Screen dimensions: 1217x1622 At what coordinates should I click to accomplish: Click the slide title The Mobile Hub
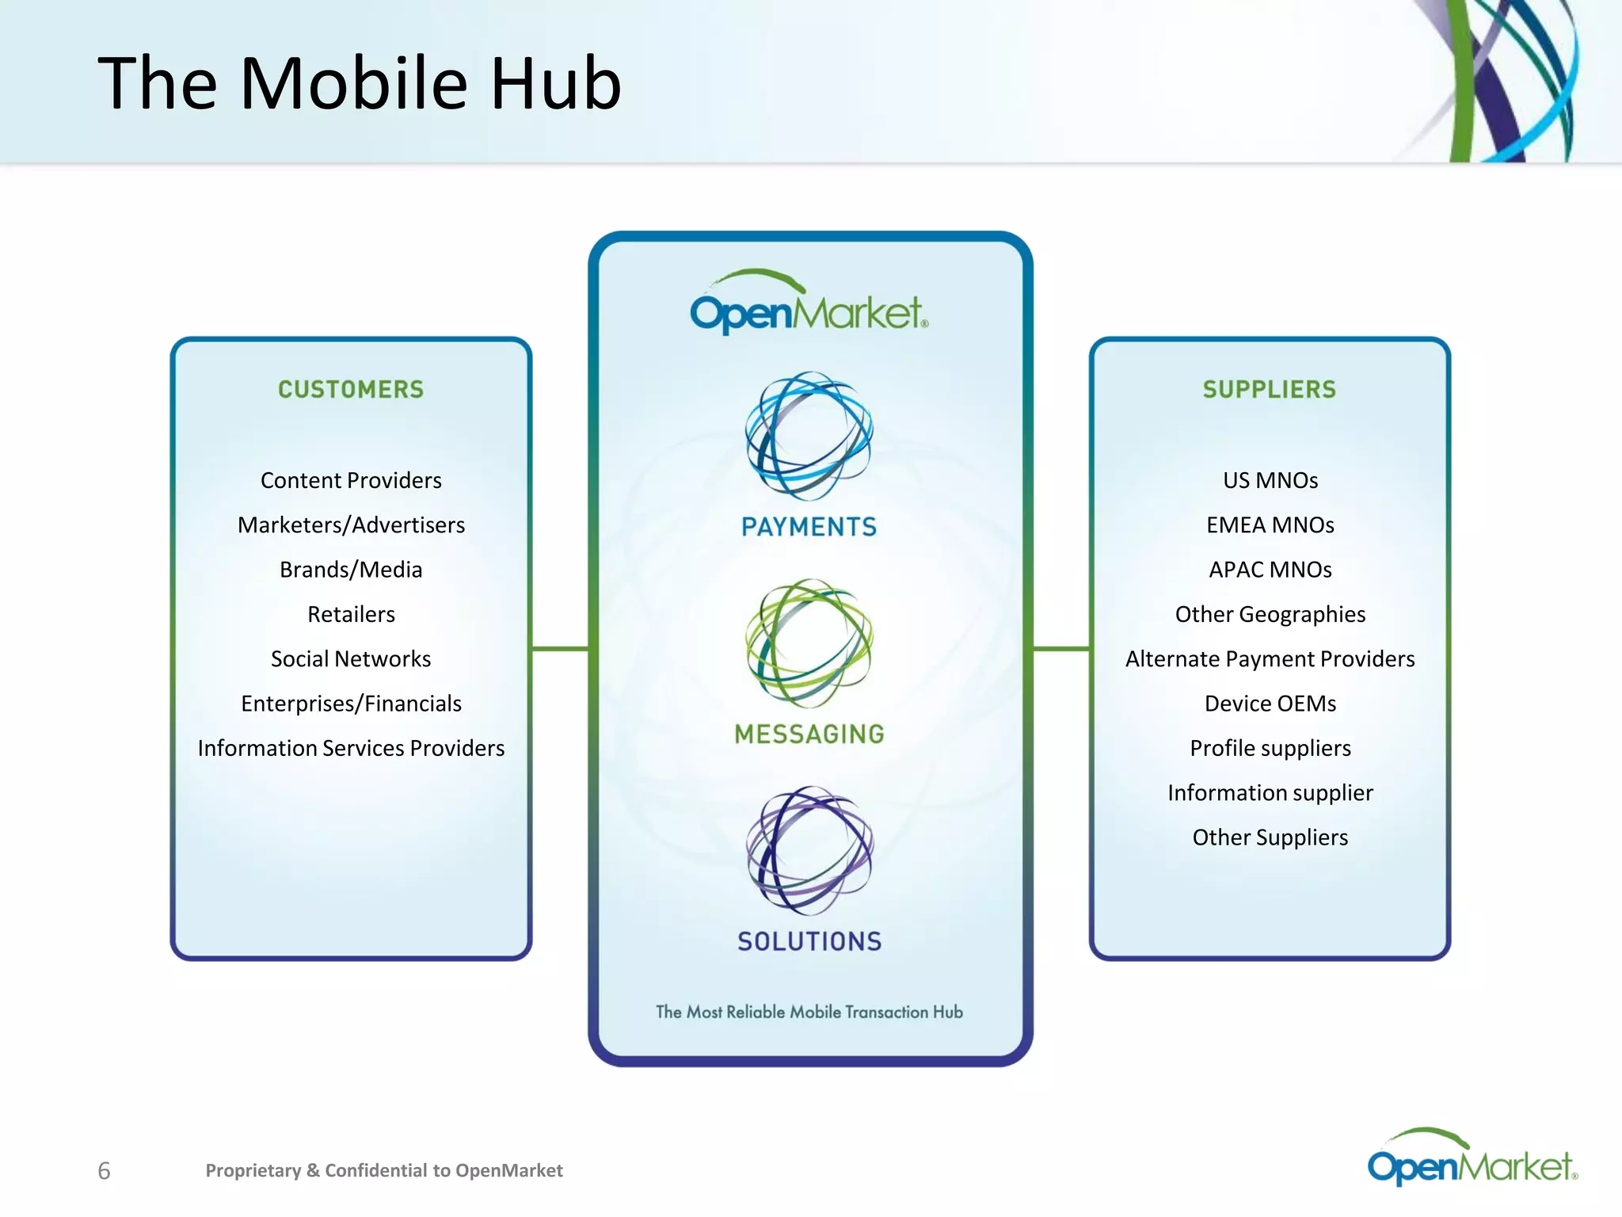(360, 83)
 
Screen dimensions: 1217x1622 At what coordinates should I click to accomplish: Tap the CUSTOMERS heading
(351, 389)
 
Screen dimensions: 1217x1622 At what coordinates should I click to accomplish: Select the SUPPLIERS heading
(1270, 389)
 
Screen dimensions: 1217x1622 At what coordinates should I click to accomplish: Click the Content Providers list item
(351, 480)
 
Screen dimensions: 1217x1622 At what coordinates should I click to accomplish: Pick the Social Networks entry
(351, 658)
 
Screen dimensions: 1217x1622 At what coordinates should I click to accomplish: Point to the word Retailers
(351, 614)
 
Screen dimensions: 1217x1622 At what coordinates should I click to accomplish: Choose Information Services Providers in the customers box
(351, 748)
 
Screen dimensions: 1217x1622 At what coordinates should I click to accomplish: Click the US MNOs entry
(1270, 480)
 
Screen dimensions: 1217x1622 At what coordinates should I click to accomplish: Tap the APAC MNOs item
(1270, 570)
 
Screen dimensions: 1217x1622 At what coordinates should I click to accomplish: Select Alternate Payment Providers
(1270, 658)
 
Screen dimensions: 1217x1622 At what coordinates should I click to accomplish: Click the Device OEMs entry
(1270, 704)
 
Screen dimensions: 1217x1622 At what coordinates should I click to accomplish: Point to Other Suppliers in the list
(1270, 837)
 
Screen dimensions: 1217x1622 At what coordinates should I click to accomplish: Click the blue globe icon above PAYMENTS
(809, 436)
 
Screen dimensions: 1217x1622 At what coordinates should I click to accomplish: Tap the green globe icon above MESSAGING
(809, 643)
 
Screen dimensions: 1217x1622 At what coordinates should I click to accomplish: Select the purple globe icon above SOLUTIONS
(809, 850)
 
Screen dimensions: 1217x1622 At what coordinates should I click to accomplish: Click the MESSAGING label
(809, 734)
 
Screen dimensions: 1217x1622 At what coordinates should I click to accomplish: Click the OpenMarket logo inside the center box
(809, 306)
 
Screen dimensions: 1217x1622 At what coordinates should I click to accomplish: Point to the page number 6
(104, 1170)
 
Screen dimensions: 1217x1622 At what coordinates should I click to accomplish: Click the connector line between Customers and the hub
(560, 649)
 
